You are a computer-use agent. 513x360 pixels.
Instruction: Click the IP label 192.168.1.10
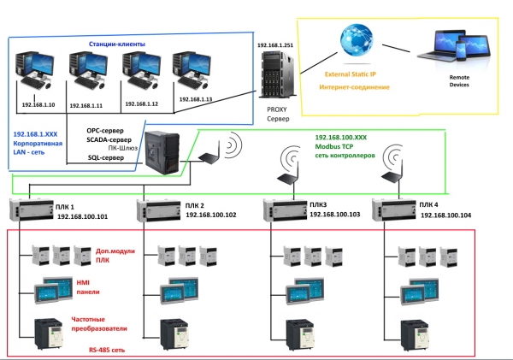38,103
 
